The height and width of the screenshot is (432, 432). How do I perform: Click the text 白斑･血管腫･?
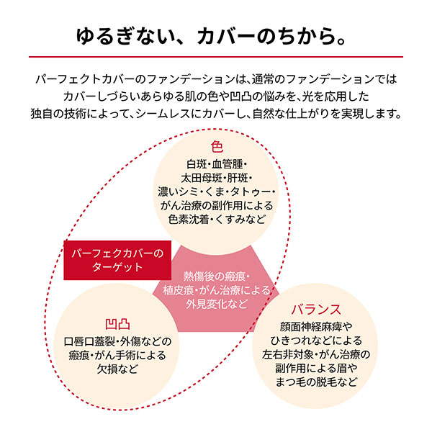pyautogui.click(x=217, y=163)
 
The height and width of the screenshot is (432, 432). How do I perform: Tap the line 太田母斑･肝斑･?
pyautogui.click(x=217, y=177)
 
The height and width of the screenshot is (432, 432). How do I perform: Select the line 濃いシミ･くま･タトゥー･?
pyautogui.click(x=217, y=192)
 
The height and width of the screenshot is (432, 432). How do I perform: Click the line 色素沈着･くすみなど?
pyautogui.click(x=217, y=220)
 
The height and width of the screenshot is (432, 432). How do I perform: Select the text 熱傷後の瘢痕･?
pyautogui.click(x=216, y=276)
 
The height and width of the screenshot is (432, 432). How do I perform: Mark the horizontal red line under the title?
pyautogui.click(x=216, y=56)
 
